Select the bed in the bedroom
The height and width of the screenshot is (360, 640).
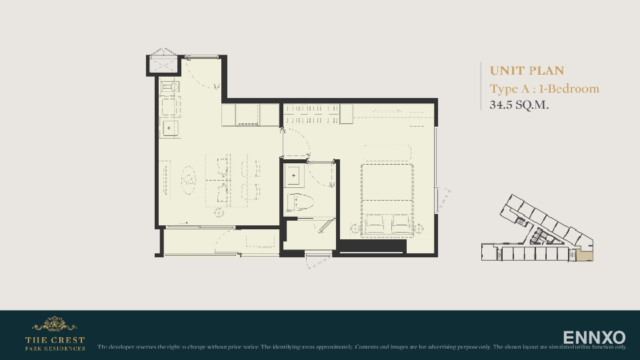387,199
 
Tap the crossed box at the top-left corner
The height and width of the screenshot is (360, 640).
164,64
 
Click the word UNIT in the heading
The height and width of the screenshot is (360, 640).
505,71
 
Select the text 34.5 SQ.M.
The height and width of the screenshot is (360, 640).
519,105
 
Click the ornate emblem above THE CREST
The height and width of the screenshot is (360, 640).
55,325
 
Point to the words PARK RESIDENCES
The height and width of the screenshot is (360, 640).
55,348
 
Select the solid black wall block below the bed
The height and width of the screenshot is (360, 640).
372,246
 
